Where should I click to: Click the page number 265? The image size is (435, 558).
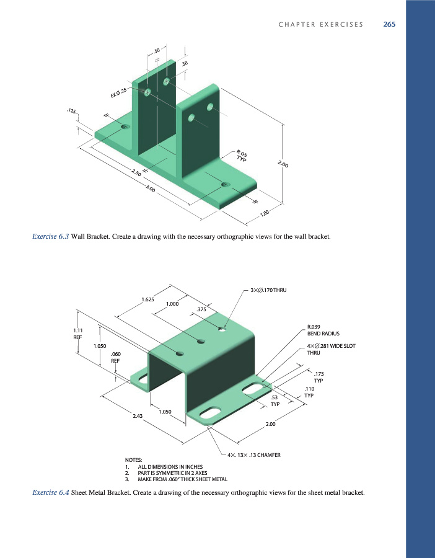coord(389,25)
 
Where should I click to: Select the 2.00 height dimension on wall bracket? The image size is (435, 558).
coord(283,164)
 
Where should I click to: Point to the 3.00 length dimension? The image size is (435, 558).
coord(150,188)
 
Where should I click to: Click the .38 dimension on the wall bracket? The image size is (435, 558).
coord(185,63)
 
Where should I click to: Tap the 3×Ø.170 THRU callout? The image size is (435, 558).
coord(270,290)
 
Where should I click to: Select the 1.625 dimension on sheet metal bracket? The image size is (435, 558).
coord(147,299)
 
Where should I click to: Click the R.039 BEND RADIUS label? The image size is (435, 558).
coord(322,329)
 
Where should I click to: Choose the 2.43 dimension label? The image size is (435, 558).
coord(138,416)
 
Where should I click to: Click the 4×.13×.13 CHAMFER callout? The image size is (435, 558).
coord(254,455)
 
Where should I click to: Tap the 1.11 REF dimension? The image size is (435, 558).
coord(78,334)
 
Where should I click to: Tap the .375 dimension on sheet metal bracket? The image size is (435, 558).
coord(201,309)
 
